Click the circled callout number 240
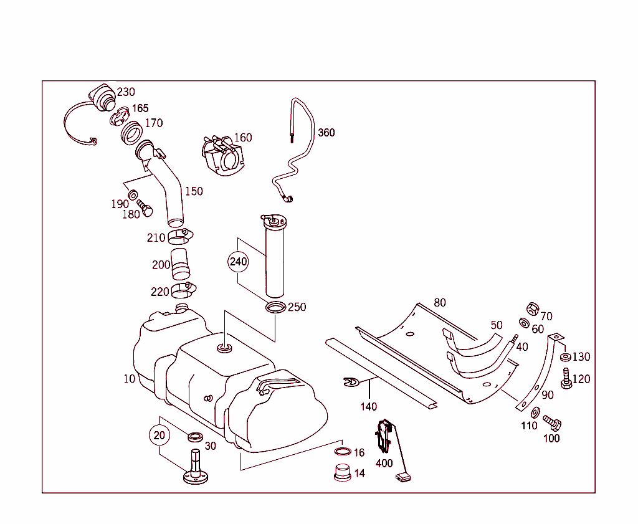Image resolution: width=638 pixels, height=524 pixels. [x=238, y=262]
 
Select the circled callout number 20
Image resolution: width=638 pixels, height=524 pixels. [x=159, y=435]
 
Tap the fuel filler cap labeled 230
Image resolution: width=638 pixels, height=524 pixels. [x=102, y=97]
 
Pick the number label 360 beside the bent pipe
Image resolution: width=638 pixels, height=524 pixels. [x=326, y=133]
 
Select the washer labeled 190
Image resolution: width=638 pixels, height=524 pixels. [x=133, y=196]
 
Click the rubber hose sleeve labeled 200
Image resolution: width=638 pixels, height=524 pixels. [x=180, y=264]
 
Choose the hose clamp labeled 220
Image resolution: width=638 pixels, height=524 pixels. [x=183, y=289]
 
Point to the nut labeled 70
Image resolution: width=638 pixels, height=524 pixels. [x=532, y=308]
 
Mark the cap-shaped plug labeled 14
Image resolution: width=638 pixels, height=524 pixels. [x=342, y=472]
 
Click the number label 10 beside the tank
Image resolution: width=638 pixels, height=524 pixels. [x=129, y=379]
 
